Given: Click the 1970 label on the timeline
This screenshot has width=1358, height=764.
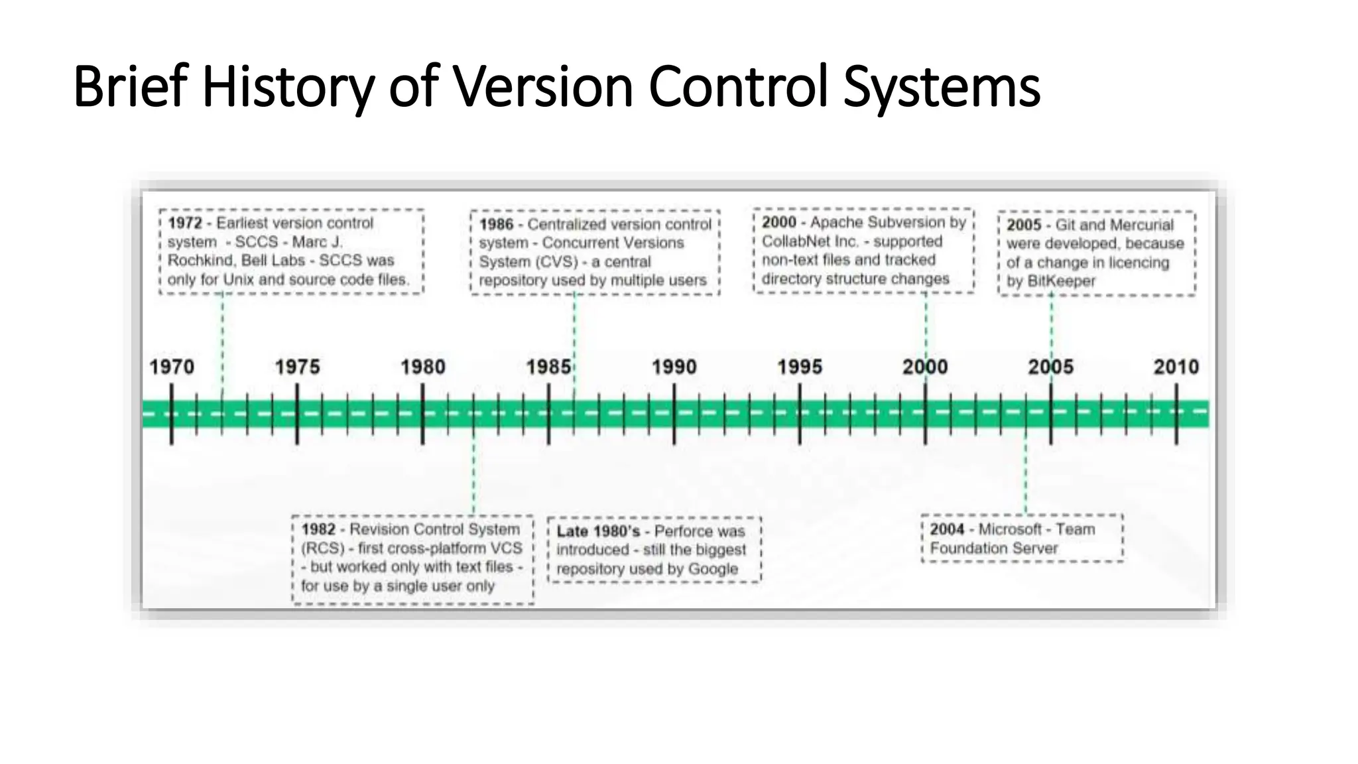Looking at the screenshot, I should point(172,367).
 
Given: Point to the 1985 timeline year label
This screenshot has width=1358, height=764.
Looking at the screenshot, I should point(548,367).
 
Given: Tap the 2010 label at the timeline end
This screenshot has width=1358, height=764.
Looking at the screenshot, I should point(1176,367).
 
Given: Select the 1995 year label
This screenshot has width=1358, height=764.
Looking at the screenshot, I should point(800,367).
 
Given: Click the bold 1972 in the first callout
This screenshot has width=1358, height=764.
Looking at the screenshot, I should point(184,223).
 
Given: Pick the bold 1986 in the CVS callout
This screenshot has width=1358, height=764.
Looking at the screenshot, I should point(496,224).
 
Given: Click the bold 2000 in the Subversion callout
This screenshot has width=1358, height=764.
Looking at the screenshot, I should point(778,222).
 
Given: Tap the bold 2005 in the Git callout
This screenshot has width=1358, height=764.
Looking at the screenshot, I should point(1024,225).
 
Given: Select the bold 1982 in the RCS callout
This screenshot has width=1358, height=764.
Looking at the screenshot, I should point(318,529).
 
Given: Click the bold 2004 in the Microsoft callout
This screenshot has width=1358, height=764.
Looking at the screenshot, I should point(946,529).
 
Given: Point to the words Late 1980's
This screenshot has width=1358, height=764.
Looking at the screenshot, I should point(598,531).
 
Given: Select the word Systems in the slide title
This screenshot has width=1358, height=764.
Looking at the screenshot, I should point(942,87).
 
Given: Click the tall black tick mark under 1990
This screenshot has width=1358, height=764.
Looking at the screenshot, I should point(674,414).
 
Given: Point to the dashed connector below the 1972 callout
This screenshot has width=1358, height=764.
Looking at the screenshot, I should point(222,332).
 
